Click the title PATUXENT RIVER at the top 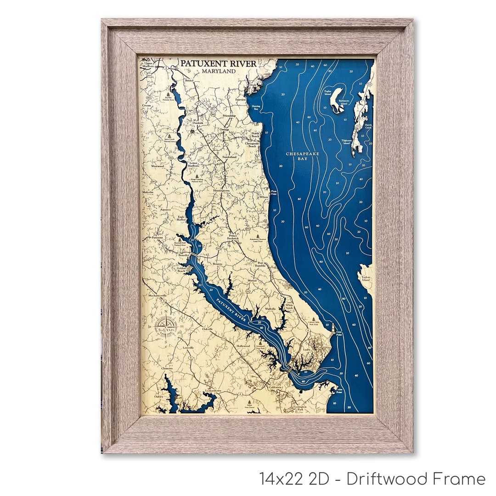pyautogui.click(x=218, y=63)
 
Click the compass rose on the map pyautogui.click(x=164, y=327)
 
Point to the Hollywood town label pyautogui.click(x=243, y=346)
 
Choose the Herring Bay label pyautogui.click(x=255, y=107)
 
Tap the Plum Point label pyautogui.click(x=274, y=192)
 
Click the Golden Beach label pyautogui.click(x=180, y=270)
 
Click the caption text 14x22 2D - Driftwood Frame pyautogui.click(x=372, y=479)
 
